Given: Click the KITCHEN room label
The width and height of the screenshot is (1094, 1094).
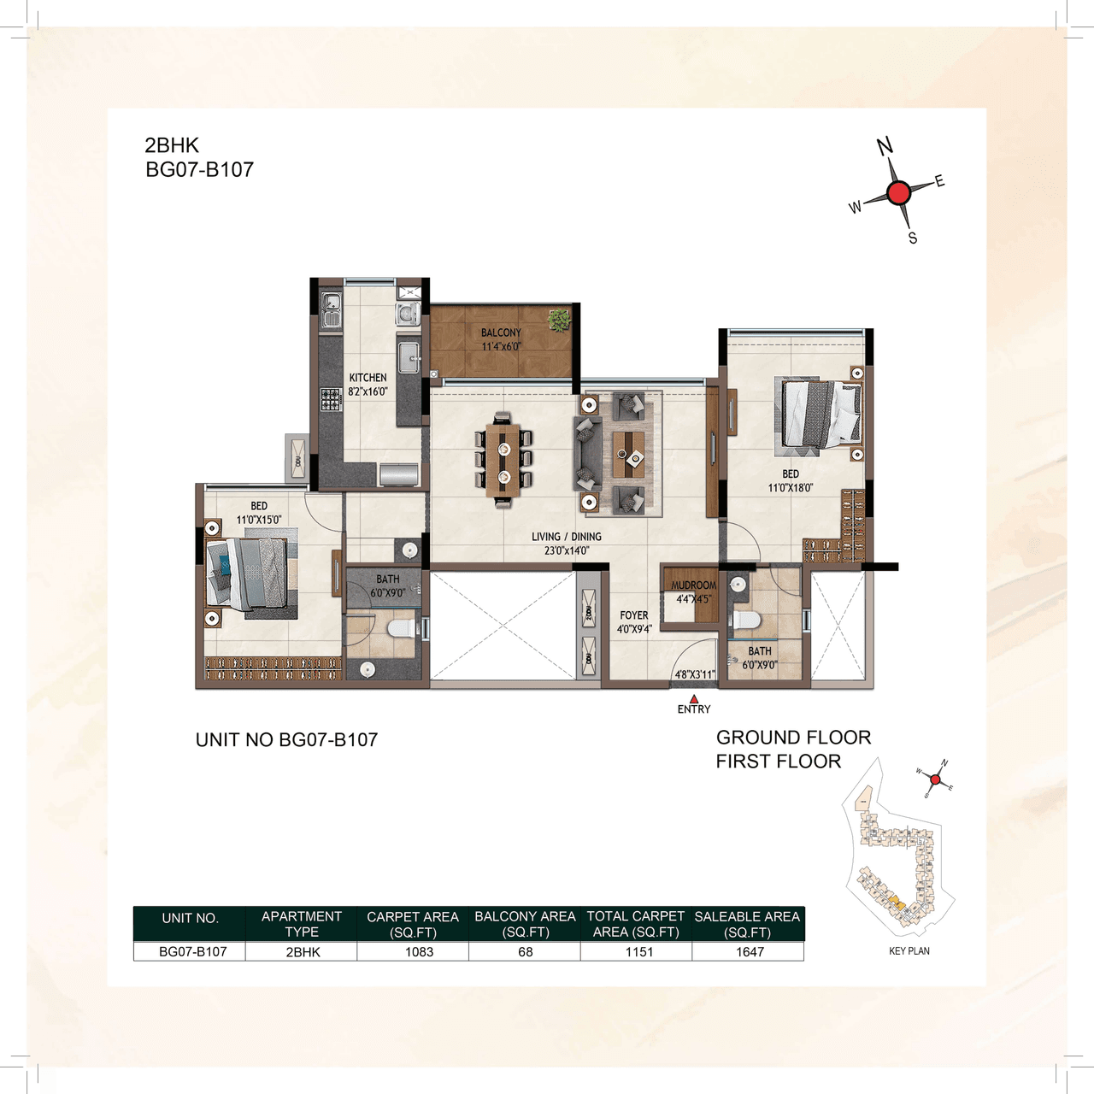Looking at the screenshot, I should pyautogui.click(x=368, y=378).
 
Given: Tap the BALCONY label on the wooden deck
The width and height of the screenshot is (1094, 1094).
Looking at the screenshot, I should pyautogui.click(x=501, y=332).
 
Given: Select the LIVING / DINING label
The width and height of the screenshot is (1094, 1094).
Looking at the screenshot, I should pyautogui.click(x=566, y=537).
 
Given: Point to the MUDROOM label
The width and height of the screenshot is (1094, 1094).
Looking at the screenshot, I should pyautogui.click(x=693, y=585).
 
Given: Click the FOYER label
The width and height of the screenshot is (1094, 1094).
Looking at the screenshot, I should pyautogui.click(x=634, y=615).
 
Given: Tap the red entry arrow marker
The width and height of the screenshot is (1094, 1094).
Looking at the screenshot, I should pyautogui.click(x=694, y=698).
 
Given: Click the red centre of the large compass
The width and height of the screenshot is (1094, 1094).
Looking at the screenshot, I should pyautogui.click(x=898, y=193).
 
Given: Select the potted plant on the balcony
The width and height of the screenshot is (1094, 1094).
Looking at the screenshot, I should pyautogui.click(x=559, y=320).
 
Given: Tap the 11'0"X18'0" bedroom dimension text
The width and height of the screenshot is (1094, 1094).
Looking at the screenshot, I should pyautogui.click(x=791, y=488).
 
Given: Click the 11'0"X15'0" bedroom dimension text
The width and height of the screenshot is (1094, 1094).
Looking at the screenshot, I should pyautogui.click(x=259, y=520).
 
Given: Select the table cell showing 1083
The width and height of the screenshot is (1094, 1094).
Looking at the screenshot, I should pyautogui.click(x=419, y=952).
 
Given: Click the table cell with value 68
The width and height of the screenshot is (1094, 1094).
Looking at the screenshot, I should pyautogui.click(x=526, y=952).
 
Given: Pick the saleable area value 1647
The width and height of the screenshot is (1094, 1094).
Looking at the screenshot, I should pyautogui.click(x=750, y=952).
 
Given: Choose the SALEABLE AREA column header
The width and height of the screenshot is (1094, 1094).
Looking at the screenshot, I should pyautogui.click(x=747, y=924).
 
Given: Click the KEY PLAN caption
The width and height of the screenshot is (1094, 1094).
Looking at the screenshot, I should pyautogui.click(x=909, y=951).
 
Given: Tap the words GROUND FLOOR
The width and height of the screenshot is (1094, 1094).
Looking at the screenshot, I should pyautogui.click(x=793, y=738).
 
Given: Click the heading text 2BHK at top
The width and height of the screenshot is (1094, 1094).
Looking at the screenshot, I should pyautogui.click(x=172, y=145).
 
